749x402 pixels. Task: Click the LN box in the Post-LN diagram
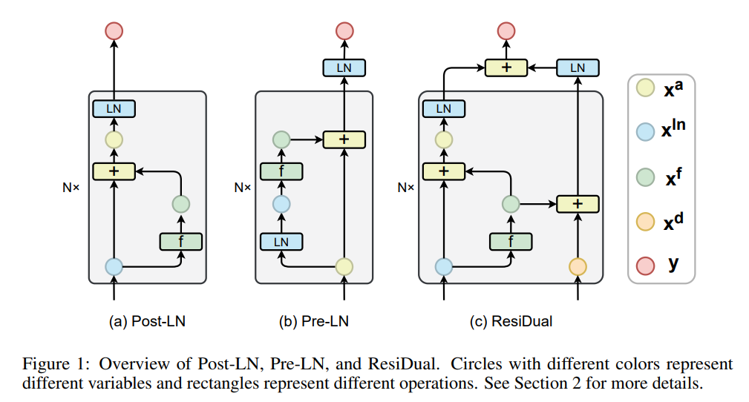tap(114, 109)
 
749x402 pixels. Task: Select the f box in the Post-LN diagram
tap(181, 240)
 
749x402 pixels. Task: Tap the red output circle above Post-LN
tap(114, 31)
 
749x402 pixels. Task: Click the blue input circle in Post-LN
tap(114, 266)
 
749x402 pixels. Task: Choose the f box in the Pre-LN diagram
tap(281, 171)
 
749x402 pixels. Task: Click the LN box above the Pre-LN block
tap(344, 67)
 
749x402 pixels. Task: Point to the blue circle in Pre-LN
tap(281, 204)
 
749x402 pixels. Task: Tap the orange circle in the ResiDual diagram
tap(578, 266)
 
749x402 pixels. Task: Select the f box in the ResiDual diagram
tap(511, 240)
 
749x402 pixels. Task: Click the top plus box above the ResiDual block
tap(506, 67)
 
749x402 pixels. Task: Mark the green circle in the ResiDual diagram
tap(511, 202)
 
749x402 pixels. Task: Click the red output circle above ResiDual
tap(506, 31)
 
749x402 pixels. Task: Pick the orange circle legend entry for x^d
tap(645, 222)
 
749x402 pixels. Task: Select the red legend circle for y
tap(645, 263)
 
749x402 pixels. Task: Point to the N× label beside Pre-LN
tap(243, 188)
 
